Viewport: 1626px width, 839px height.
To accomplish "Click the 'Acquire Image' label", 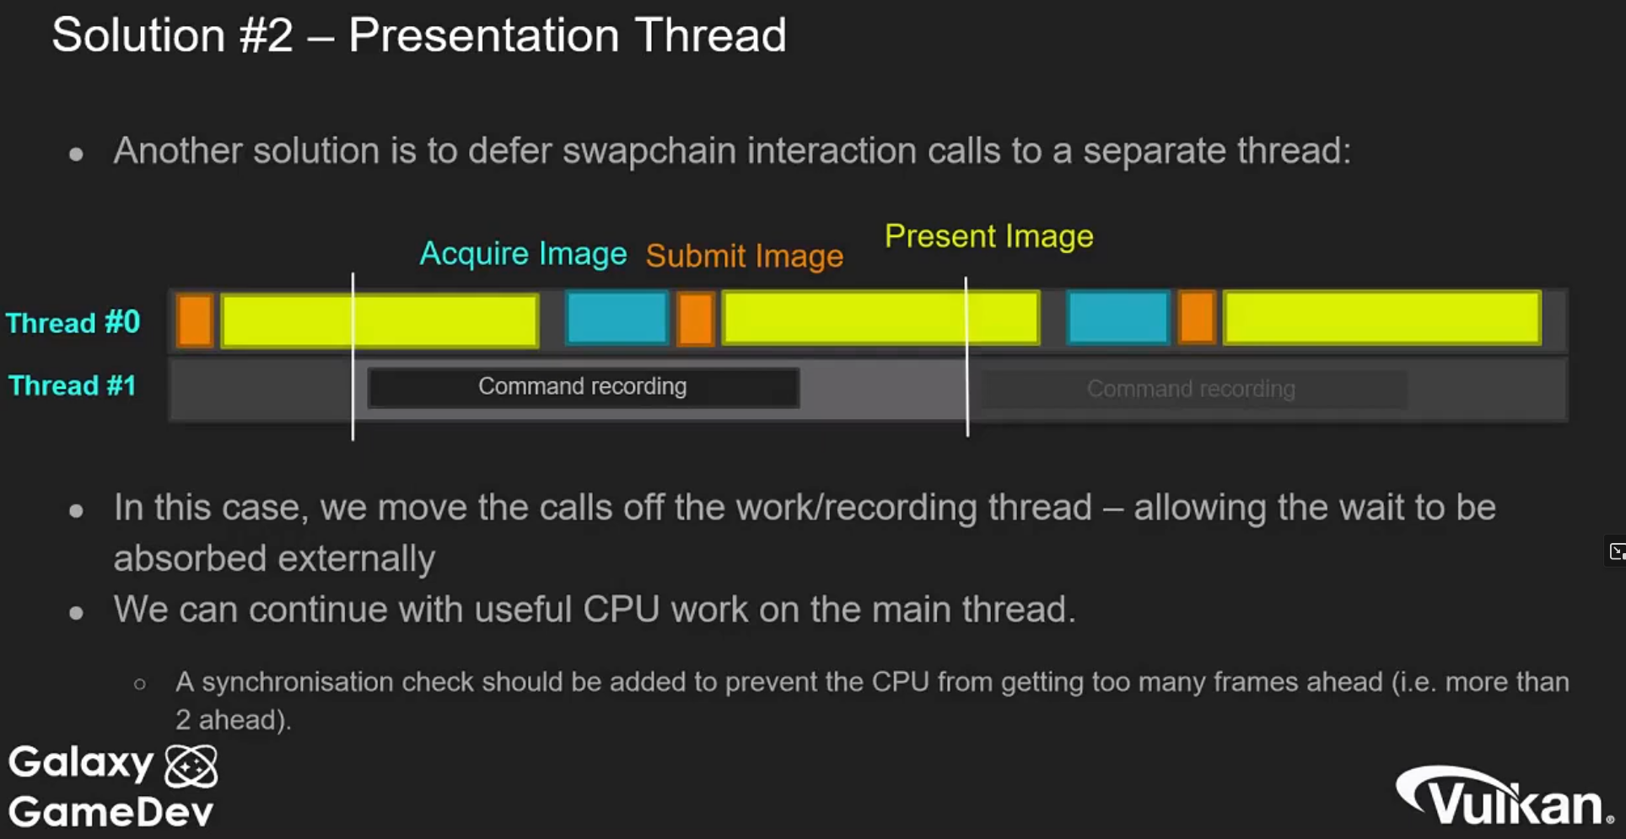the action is click(x=523, y=254).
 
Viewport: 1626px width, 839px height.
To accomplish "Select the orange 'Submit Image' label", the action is click(x=745, y=255).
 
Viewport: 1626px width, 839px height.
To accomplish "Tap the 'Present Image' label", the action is click(x=989, y=236).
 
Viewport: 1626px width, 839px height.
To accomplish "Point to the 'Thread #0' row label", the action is click(x=73, y=323).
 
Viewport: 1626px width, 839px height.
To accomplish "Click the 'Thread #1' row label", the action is click(x=73, y=385).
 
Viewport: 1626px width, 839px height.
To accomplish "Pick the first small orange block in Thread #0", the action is click(x=195, y=320).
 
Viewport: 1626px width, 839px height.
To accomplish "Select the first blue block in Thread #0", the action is click(x=617, y=318).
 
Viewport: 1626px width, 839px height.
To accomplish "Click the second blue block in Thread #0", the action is click(x=1118, y=318).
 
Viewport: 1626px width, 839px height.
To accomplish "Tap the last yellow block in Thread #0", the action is click(x=1382, y=318).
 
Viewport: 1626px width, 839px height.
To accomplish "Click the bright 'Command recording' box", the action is click(x=584, y=387).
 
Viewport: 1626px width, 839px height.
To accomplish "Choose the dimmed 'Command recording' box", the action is click(x=1193, y=389).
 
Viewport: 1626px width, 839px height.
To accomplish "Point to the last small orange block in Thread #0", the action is click(x=1197, y=318).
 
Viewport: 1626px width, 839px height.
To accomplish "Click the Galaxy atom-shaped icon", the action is click(x=191, y=766).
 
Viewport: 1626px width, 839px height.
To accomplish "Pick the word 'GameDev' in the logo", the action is click(x=111, y=813).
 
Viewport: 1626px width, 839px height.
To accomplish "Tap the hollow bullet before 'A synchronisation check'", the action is click(x=140, y=684).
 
